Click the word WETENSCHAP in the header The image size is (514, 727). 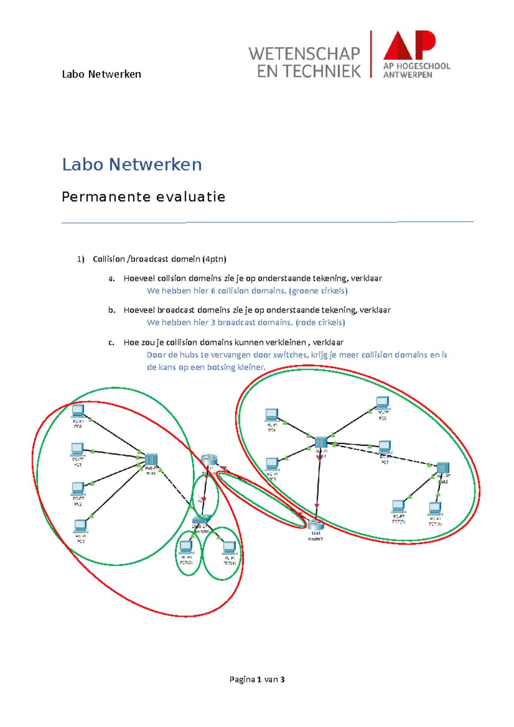coord(304,54)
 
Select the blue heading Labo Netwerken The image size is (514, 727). coord(132,165)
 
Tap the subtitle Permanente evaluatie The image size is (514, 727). coord(143,197)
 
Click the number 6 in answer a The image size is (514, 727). coord(213,291)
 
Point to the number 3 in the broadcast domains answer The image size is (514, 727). coord(213,323)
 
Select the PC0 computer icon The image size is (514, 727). coord(78,411)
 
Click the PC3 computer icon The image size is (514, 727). coord(80,526)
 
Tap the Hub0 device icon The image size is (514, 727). coord(151,460)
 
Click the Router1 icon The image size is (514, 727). coord(315,524)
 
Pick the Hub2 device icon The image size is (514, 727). coord(442,468)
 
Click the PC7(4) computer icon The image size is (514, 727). coord(229,548)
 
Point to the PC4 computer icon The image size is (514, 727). coord(272,415)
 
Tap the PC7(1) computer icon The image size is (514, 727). coord(435,509)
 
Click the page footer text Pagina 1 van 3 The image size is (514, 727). coord(257,679)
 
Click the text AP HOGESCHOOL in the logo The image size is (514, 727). coord(416,66)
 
